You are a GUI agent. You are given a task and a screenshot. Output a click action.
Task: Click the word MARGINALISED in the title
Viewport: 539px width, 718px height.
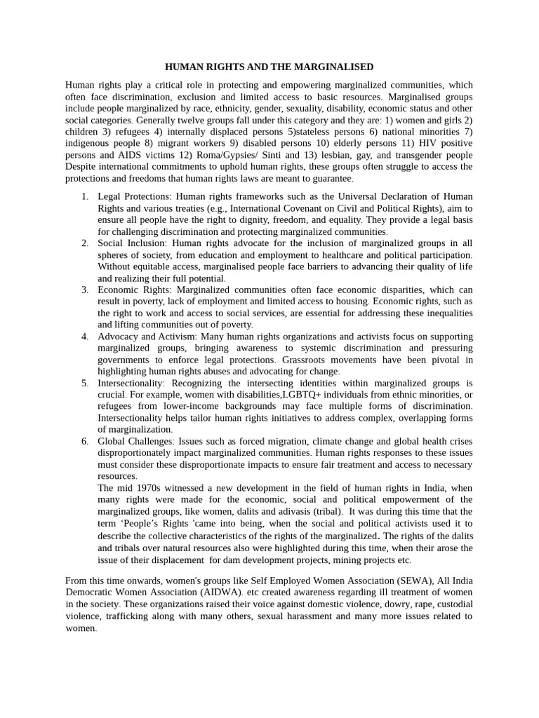[x=336, y=67]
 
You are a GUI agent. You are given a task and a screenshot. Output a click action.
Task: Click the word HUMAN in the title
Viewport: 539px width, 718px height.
[x=184, y=67]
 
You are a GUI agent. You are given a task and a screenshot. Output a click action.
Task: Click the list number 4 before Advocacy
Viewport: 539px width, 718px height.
[x=84, y=337]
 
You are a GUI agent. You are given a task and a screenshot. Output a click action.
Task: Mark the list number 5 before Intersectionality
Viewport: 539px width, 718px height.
[x=84, y=384]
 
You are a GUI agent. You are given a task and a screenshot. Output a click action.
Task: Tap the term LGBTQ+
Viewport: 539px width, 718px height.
[x=303, y=395]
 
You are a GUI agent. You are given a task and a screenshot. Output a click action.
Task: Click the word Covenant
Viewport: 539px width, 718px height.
[x=304, y=208]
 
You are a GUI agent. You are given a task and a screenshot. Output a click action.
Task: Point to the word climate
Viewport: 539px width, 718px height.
[x=343, y=441]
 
